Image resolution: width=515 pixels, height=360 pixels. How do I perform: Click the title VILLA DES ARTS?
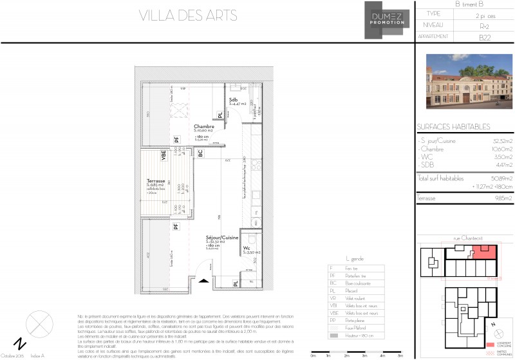click(x=187, y=15)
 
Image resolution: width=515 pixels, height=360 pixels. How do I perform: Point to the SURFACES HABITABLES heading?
click(x=453, y=127)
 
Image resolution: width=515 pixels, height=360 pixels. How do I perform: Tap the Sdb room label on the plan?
click(x=234, y=100)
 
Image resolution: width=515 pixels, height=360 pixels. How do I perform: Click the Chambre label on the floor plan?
click(x=204, y=127)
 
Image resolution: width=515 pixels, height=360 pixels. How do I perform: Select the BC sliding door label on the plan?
click(x=201, y=153)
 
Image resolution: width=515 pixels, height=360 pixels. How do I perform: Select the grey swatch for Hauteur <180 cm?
click(x=331, y=336)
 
